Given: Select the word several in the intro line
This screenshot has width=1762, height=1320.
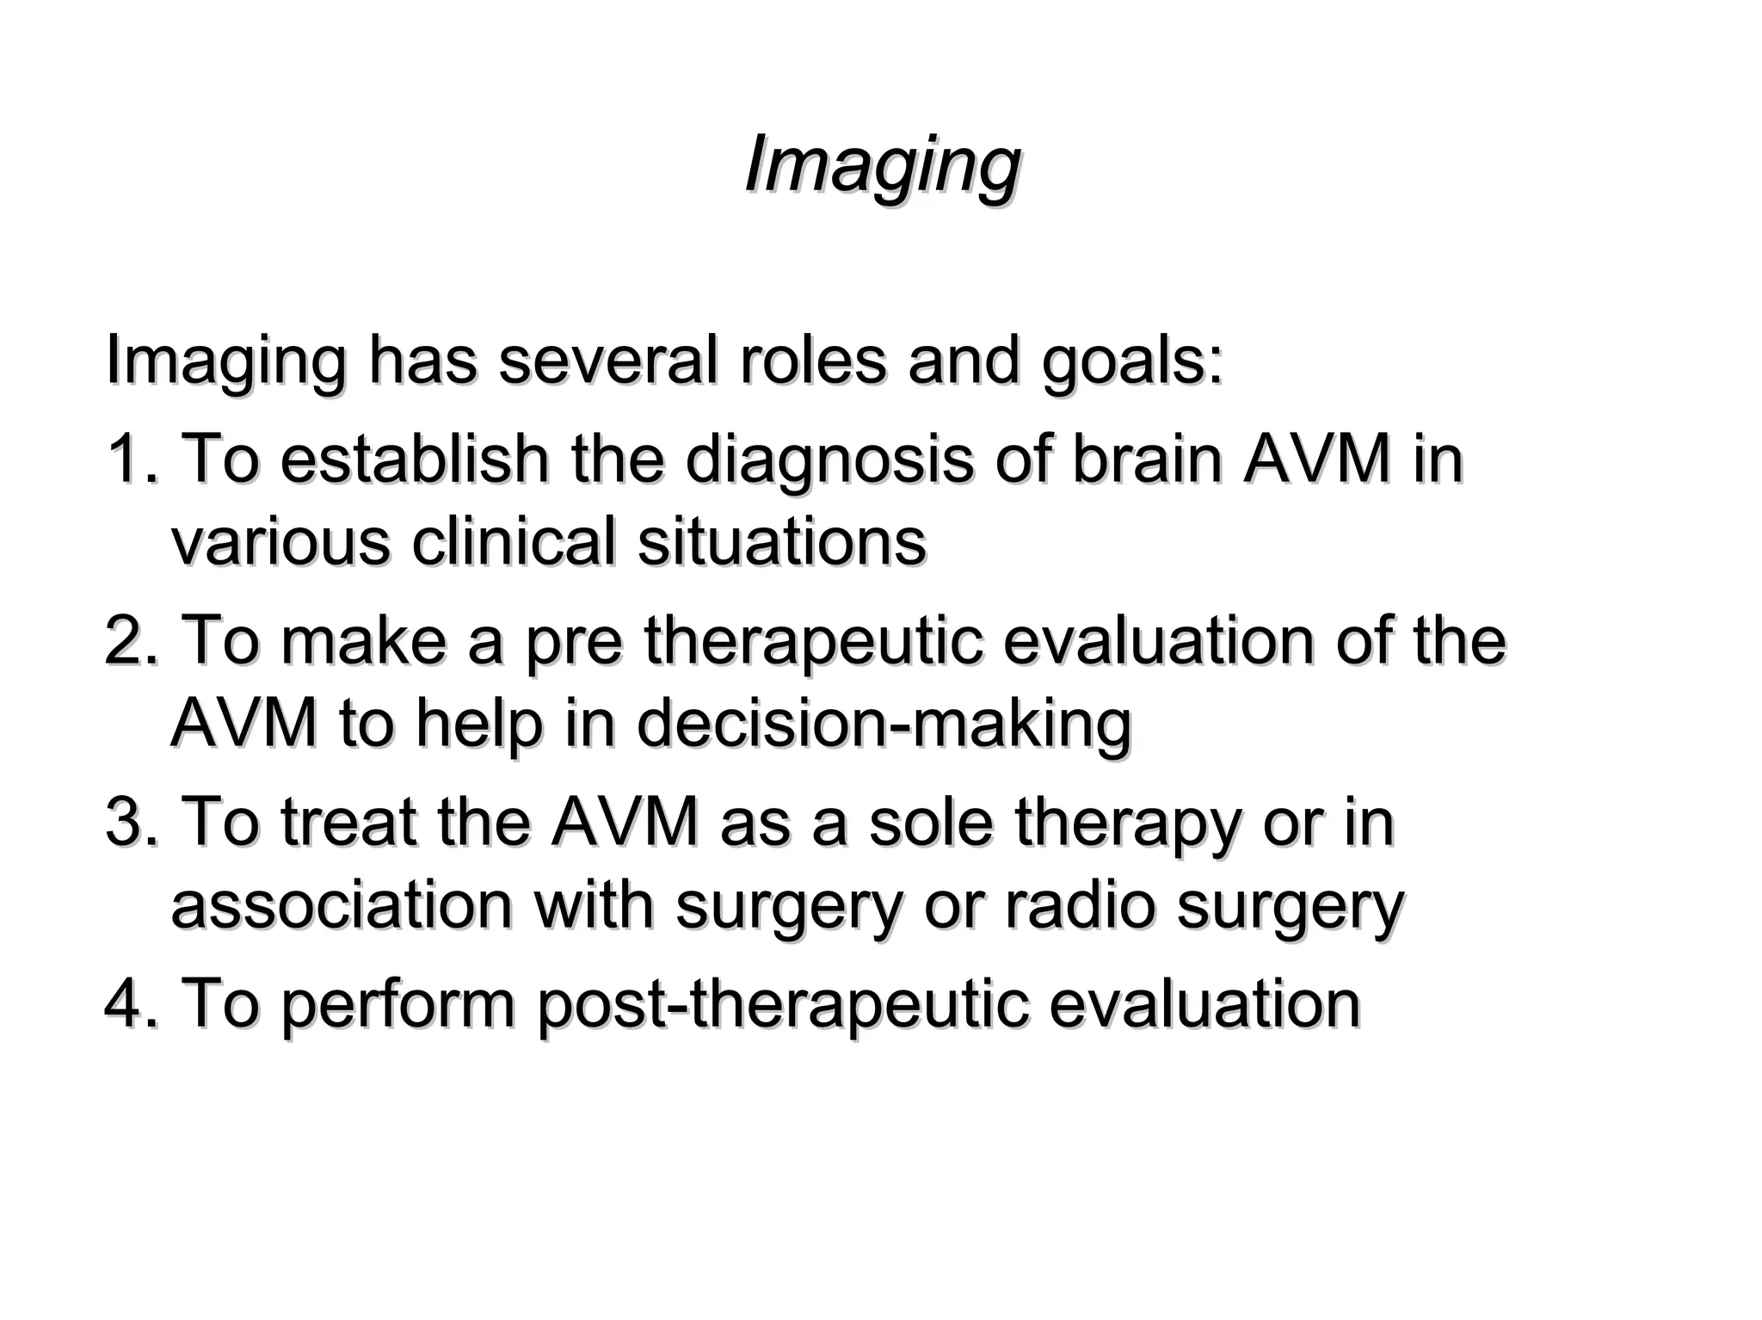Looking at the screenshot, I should coord(607,361).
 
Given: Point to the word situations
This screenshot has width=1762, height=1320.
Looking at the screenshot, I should coord(781,542).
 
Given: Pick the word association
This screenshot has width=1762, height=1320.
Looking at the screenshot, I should coord(341,905).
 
